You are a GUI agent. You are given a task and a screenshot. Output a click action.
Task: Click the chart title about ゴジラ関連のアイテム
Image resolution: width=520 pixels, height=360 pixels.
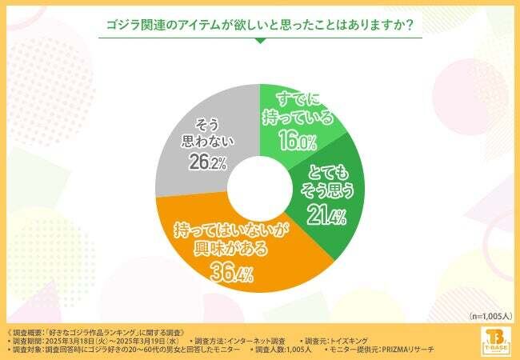(x=260, y=25)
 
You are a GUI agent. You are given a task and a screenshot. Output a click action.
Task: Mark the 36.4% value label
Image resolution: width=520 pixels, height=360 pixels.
(x=233, y=274)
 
